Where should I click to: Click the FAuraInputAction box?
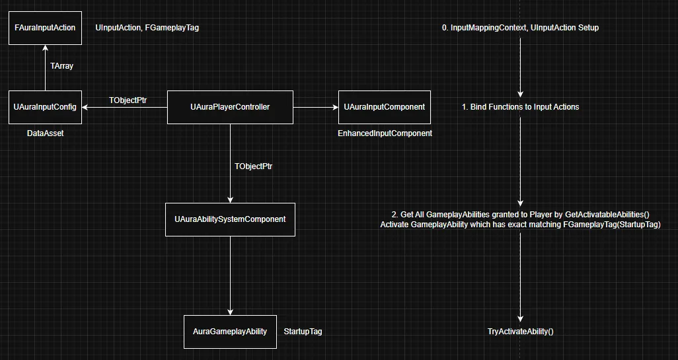point(45,28)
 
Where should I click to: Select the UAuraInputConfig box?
point(45,107)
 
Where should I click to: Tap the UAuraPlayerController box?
point(230,107)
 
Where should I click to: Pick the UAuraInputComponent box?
point(384,107)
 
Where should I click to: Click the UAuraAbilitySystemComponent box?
point(230,219)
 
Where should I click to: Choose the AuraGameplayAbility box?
point(230,331)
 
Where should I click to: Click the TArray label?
point(62,66)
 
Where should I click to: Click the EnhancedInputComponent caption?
point(385,133)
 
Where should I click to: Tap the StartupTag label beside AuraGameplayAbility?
point(302,331)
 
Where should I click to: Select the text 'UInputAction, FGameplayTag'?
point(147,28)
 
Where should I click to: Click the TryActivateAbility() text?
point(520,331)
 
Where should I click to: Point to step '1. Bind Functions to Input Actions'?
point(520,107)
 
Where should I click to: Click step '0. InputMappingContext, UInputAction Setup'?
point(520,28)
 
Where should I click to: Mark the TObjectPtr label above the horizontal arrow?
point(128,100)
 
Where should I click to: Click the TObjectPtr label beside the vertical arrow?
point(253,166)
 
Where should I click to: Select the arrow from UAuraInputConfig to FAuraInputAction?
point(45,69)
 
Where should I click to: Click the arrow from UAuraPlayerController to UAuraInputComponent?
point(315,107)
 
